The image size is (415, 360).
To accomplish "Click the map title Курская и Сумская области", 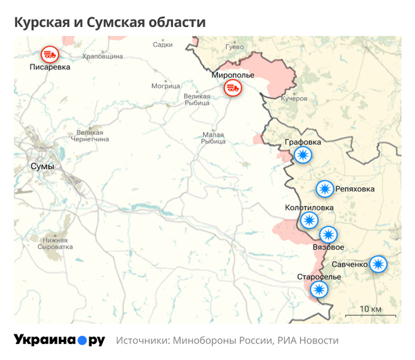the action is pos(109,23).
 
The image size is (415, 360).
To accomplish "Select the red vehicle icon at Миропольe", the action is pos(232,88).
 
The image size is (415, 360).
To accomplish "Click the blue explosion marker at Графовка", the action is pos(302,155).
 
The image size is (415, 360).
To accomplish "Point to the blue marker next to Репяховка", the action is pos(324,188).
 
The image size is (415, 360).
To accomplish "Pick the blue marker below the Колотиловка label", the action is pos(308,220).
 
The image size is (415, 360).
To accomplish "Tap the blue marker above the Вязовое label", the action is pos(328,235).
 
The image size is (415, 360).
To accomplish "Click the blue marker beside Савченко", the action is pos(378,264).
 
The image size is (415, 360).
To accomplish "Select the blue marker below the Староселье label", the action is pos(319,289).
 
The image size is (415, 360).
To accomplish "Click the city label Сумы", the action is pos(43,167).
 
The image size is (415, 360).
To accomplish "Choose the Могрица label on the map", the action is pos(165,87).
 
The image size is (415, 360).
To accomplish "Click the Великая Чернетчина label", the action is pos(93,136).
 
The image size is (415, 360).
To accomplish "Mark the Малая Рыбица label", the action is pos(213,138).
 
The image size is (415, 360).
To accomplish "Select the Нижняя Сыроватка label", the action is pos(55,243).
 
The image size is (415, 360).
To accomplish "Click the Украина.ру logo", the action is pos(59,340).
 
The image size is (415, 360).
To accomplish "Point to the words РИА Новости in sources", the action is pos(308,341).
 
